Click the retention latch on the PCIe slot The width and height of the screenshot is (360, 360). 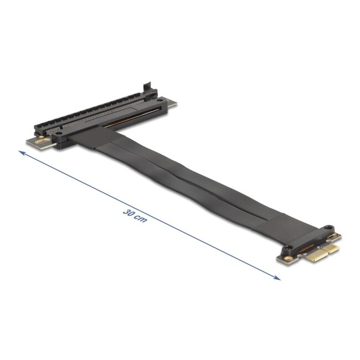pyautogui.click(x=147, y=88)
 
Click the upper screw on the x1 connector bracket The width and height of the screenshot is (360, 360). pyautogui.click(x=329, y=227)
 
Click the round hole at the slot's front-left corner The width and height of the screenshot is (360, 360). pyautogui.click(x=55, y=134)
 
